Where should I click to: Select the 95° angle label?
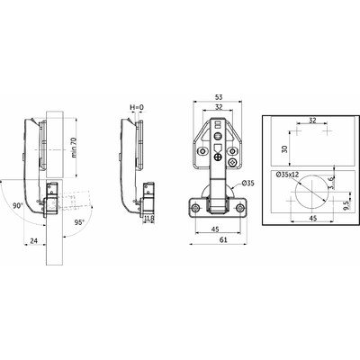(81, 221)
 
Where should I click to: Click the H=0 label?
(137, 108)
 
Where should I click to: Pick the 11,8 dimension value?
(147, 217)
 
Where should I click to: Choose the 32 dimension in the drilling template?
(310, 118)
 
